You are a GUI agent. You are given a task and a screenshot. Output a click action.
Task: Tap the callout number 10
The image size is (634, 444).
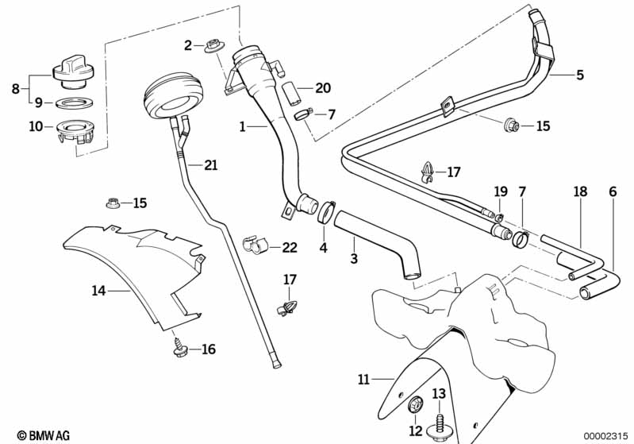tap(35, 126)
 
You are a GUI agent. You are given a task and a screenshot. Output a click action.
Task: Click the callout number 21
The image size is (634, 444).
tap(209, 165)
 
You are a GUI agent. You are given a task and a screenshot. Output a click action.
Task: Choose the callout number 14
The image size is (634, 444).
tap(98, 291)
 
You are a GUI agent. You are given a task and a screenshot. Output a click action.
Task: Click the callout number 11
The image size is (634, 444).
tap(363, 380)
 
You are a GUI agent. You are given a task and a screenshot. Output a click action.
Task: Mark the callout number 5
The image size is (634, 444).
tap(579, 75)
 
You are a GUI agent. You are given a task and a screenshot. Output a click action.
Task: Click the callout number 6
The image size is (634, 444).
tap(612, 191)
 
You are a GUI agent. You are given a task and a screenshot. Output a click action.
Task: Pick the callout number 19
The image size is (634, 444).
tap(500, 191)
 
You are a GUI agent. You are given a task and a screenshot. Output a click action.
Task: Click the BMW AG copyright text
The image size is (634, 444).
tap(38, 435)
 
